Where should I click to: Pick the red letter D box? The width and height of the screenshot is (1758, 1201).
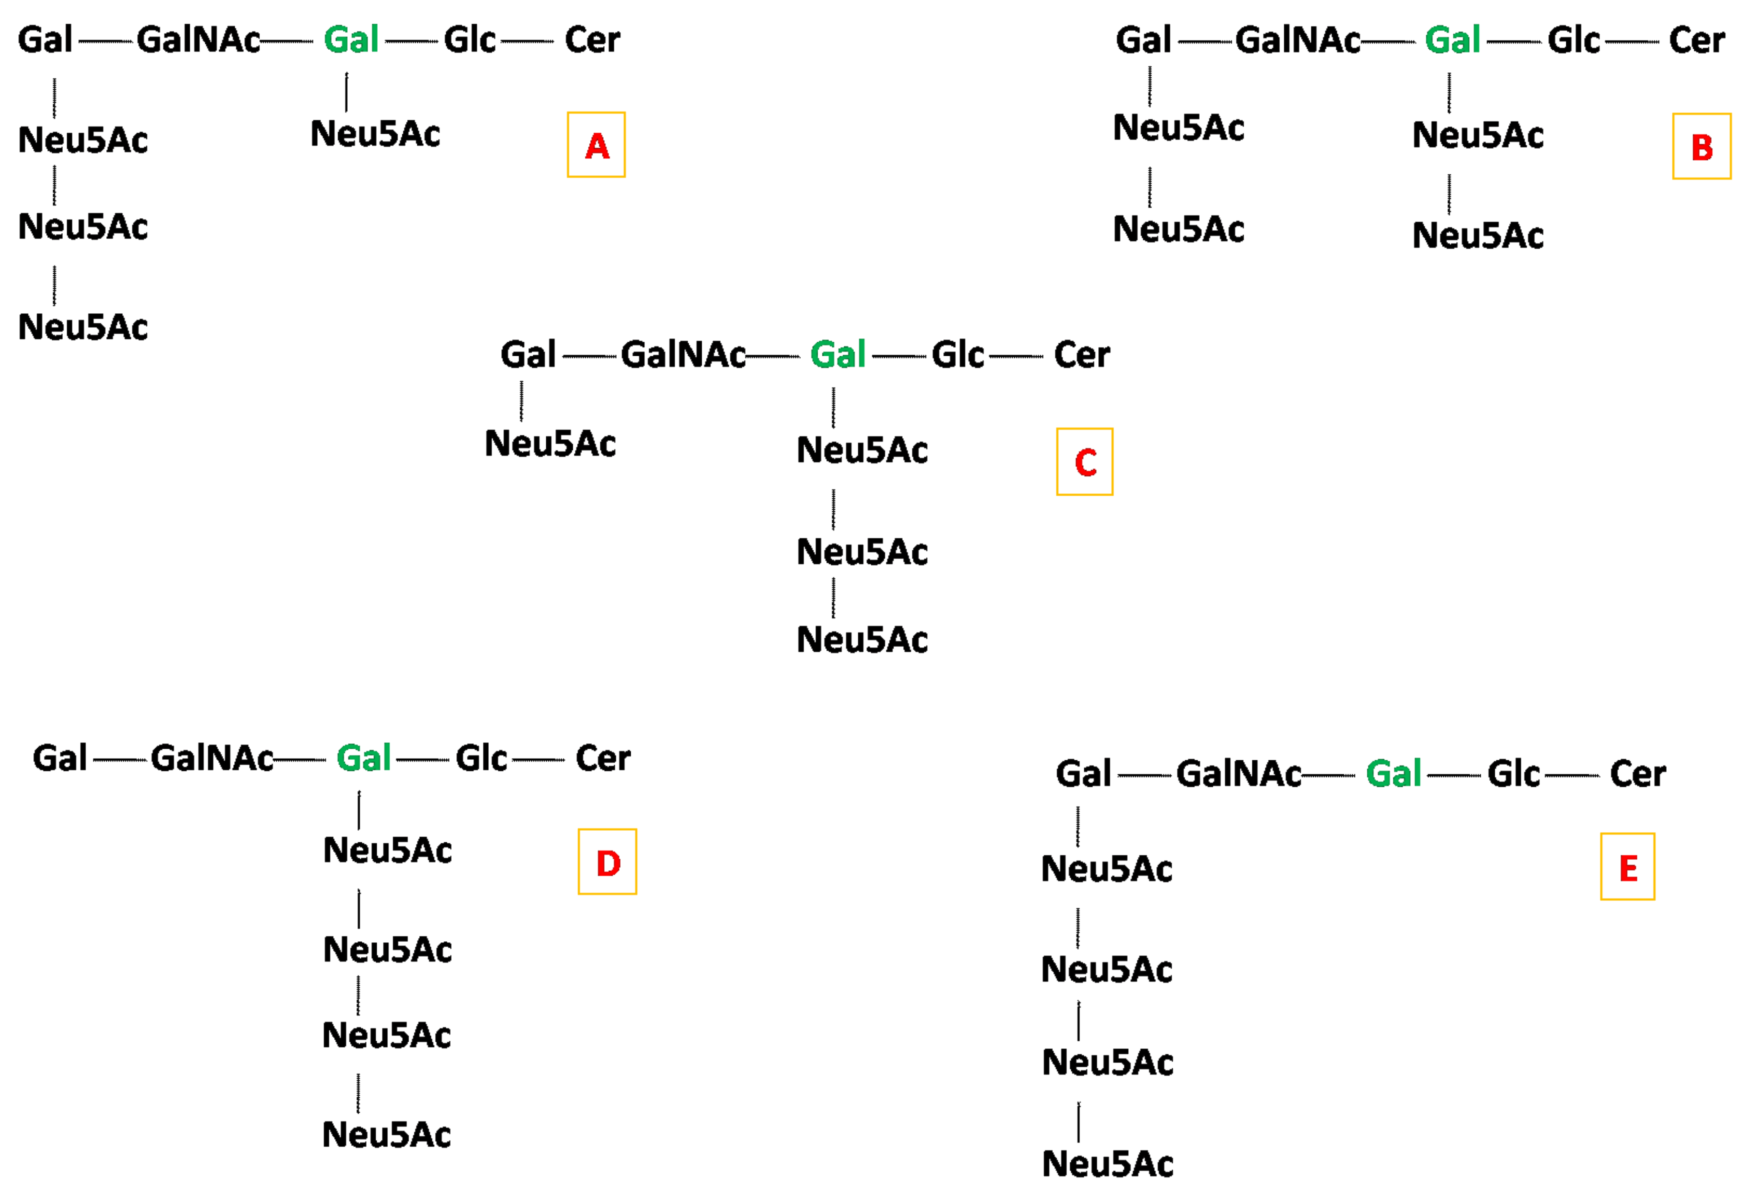608,862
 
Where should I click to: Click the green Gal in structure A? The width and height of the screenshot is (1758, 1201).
351,39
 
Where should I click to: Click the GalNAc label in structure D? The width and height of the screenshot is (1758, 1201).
212,758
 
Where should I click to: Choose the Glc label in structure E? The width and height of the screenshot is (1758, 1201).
1513,774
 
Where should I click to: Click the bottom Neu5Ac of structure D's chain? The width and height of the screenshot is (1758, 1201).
386,1134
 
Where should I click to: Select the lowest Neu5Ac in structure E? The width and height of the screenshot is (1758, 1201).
1107,1164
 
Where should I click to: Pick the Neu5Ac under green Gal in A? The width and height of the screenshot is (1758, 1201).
375,134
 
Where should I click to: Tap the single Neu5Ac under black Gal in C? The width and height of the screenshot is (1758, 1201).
550,443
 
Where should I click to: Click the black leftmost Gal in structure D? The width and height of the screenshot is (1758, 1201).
60,758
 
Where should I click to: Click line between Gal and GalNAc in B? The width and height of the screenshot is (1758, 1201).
1204,42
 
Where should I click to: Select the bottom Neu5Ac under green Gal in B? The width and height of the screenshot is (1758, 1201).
1477,235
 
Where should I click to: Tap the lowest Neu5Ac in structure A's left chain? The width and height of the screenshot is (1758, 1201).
83,327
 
